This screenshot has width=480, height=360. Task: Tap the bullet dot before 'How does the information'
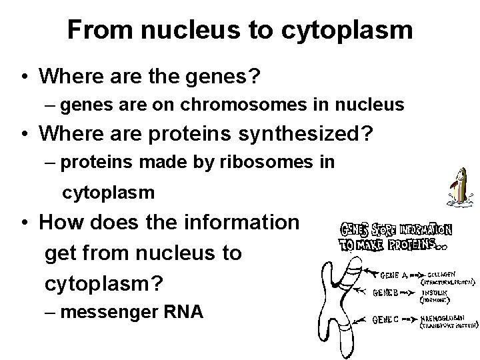click(x=23, y=223)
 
